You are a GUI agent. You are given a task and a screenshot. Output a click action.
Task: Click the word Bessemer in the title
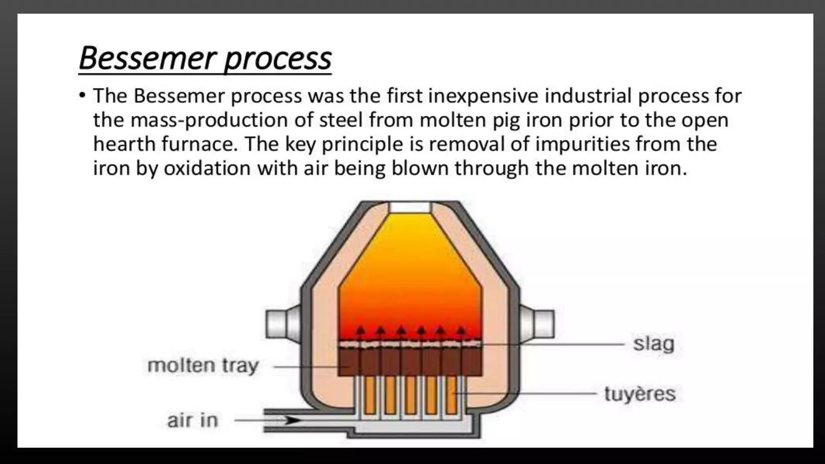147,58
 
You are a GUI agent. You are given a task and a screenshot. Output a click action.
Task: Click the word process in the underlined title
278,60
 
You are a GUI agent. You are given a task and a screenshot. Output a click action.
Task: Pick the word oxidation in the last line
207,168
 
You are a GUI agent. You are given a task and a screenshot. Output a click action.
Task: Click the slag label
653,344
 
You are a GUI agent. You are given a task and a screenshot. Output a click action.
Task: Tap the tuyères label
640,394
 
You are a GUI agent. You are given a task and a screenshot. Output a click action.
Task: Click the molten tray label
203,366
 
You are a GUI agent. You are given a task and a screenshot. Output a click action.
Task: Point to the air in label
193,420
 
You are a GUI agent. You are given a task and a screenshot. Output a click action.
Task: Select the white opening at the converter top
410,208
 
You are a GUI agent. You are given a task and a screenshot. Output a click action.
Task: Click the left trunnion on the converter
282,323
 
